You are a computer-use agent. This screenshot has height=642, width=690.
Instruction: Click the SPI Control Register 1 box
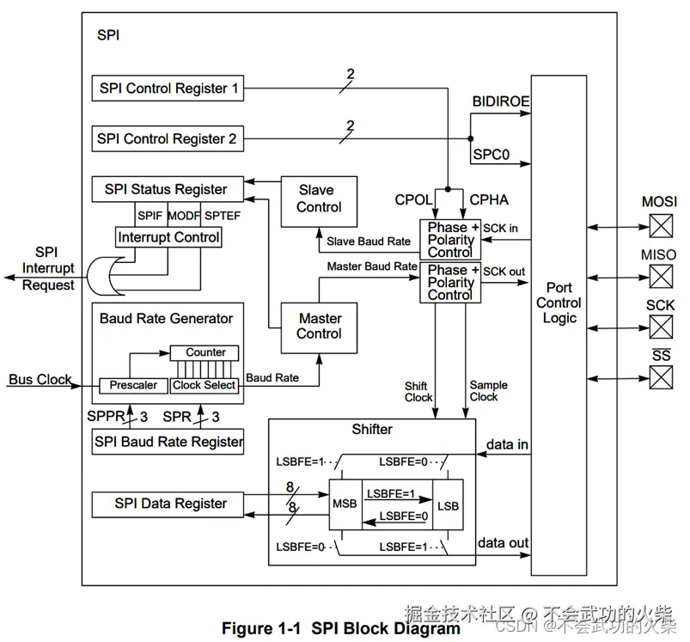(168, 88)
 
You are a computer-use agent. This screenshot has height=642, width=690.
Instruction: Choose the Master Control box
(319, 327)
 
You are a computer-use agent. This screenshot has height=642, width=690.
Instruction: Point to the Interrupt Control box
(169, 237)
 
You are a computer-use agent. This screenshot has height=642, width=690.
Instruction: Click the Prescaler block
(133, 386)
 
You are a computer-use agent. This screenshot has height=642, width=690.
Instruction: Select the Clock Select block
(204, 386)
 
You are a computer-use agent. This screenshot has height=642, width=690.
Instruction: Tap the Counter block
(205, 352)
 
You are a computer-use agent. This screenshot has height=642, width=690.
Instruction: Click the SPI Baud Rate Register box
(168, 442)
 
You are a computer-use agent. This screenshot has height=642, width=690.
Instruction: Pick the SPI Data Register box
(170, 504)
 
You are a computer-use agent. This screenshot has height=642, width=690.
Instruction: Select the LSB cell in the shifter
(447, 504)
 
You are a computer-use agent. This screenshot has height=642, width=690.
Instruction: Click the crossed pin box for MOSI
(660, 225)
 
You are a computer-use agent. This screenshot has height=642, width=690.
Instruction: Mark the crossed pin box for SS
(660, 377)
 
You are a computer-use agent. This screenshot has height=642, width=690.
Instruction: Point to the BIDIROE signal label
(501, 101)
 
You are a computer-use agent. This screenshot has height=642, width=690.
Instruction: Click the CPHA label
(489, 199)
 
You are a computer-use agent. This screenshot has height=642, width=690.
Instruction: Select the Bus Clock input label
(40, 379)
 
